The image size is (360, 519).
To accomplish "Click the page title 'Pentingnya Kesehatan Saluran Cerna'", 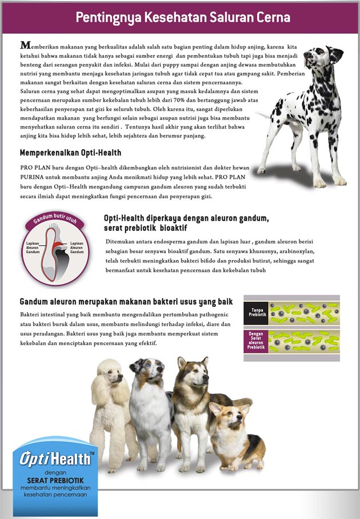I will point(183,17).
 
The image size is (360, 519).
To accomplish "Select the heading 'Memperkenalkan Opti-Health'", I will point(70,153).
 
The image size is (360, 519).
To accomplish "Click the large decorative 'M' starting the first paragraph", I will point(25,45).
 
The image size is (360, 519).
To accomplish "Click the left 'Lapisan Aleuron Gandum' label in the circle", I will point(33,247).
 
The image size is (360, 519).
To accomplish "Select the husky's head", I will point(191,372).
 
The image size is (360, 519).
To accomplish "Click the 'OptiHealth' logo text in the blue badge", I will point(55,459).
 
